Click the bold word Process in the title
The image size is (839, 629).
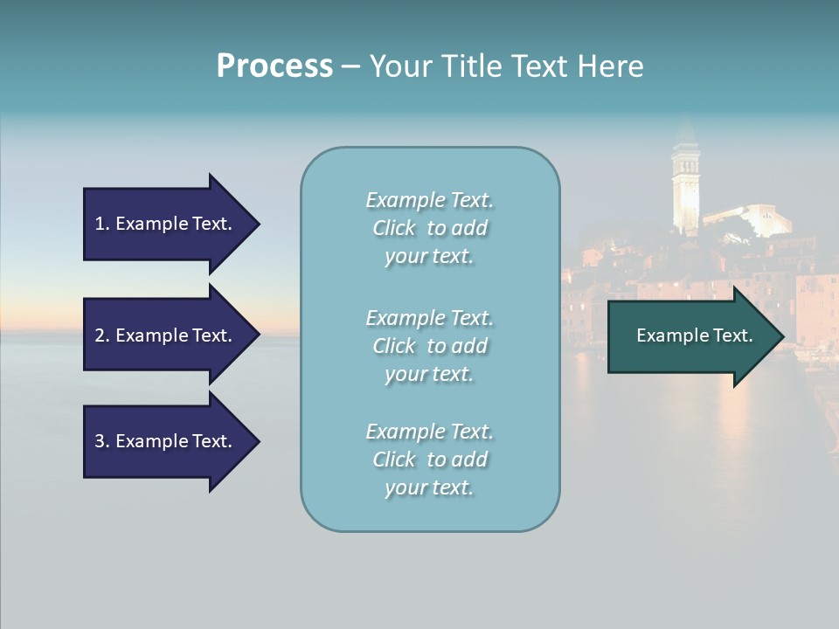coord(274,66)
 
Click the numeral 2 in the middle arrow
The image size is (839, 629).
coord(100,335)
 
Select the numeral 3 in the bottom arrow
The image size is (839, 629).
coord(100,441)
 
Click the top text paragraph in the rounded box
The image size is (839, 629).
coord(429,228)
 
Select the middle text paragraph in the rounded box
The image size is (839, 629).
coord(429,346)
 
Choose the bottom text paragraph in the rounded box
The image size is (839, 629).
coord(429,460)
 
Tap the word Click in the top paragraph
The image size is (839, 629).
coord(394,228)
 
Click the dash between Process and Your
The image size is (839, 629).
coord(350,66)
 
